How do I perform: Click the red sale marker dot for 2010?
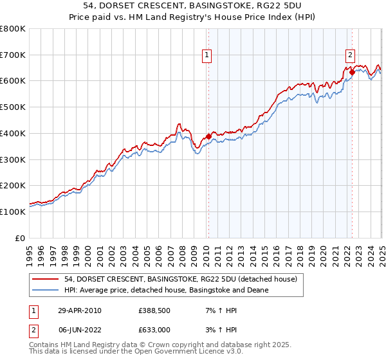(208, 136)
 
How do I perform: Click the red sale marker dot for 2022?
(352, 72)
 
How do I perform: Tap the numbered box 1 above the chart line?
(207, 56)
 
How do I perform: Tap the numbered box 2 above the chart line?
(351, 56)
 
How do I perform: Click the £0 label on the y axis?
(21, 238)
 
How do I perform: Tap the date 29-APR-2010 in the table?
(79, 310)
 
